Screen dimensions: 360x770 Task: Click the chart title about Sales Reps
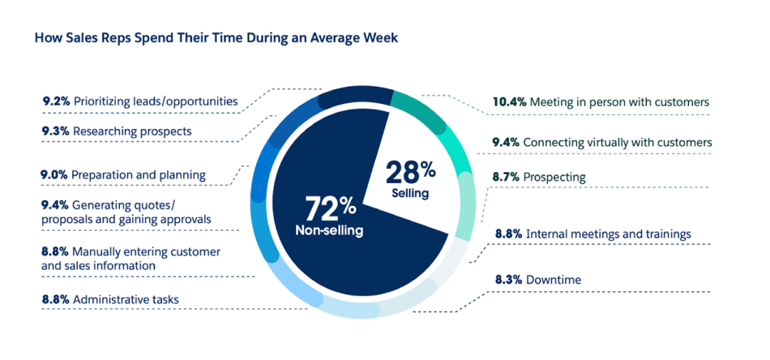coord(216,38)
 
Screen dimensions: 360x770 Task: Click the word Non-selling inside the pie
coord(329,231)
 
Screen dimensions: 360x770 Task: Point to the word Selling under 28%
coord(409,194)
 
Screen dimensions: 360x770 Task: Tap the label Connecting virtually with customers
coord(618,143)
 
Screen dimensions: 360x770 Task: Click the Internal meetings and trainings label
coord(608,234)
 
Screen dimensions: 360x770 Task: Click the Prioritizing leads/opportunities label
coord(156,101)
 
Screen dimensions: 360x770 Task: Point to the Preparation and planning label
coord(138,174)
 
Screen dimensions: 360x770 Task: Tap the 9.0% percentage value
coord(54,174)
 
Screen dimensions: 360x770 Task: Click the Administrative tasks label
coord(126,299)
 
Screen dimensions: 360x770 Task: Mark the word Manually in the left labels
coord(98,251)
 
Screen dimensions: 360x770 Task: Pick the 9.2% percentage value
coord(55,101)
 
